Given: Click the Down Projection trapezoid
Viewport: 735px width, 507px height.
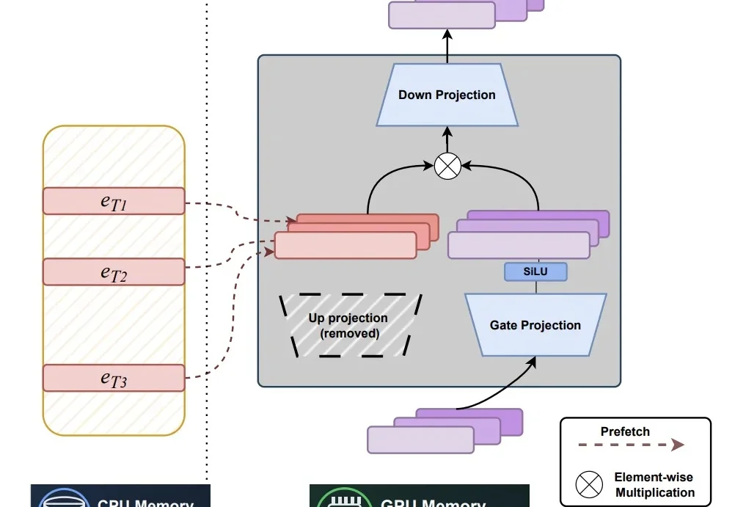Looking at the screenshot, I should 447,95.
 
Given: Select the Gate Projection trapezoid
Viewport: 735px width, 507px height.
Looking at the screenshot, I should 535,325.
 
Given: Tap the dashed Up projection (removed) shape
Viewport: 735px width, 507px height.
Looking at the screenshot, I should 348,326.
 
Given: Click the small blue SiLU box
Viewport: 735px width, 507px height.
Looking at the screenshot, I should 535,271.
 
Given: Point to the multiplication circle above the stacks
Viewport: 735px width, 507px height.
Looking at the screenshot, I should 447,166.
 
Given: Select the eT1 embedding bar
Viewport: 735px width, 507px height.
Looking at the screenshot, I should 114,201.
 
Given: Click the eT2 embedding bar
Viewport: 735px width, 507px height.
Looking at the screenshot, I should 114,271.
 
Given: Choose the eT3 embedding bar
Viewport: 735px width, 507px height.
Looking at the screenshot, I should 114,378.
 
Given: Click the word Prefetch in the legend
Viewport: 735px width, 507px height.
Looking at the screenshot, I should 625,431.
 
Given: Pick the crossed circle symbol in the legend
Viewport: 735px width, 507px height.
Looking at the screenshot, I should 588,484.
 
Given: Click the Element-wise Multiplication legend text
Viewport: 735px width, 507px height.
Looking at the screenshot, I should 654,485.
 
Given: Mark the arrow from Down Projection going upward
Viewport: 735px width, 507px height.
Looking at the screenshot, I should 447,45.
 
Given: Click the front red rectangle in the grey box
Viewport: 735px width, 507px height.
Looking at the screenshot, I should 345,246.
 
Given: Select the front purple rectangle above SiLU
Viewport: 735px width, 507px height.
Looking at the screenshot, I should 518,246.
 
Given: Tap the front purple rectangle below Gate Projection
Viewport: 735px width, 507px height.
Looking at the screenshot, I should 420,439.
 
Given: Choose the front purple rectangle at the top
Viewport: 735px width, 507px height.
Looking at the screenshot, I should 442,15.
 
